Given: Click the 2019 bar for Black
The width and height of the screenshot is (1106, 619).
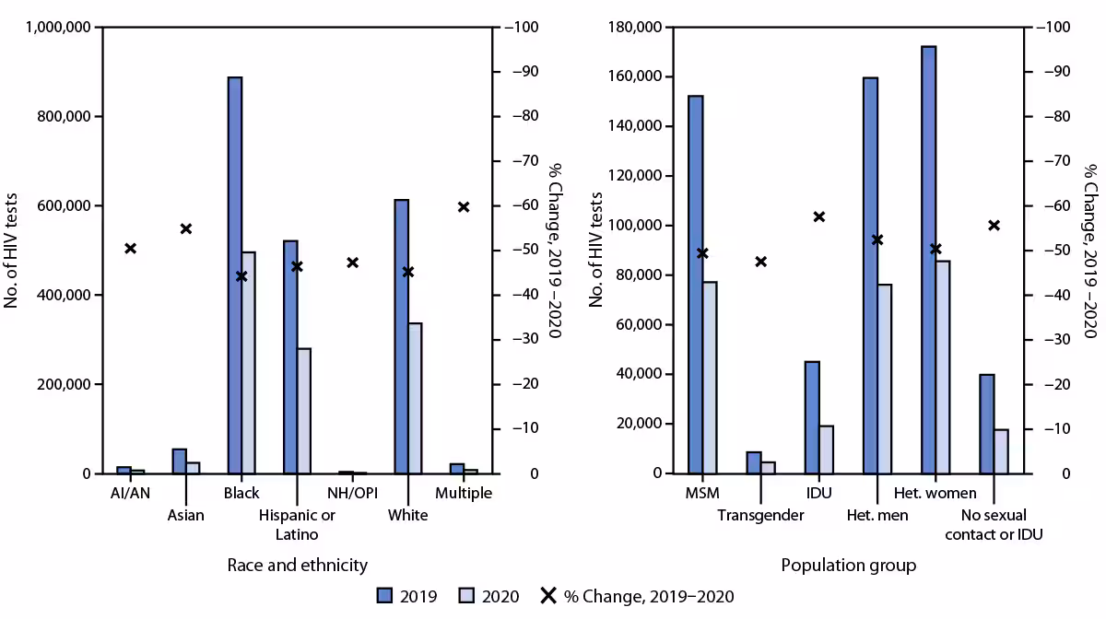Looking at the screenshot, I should click(x=235, y=276).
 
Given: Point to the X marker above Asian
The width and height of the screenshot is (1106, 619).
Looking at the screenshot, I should click(x=186, y=228).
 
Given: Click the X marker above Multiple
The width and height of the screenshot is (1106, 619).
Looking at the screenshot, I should click(x=464, y=206).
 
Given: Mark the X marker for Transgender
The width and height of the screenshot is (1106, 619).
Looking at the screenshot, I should click(x=760, y=262).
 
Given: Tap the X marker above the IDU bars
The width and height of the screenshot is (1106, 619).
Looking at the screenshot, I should click(x=818, y=216).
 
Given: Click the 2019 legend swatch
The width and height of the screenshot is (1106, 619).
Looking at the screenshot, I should click(x=385, y=596).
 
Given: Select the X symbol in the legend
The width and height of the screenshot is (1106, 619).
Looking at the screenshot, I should click(x=547, y=596).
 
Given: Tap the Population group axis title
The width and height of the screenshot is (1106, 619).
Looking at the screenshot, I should click(x=848, y=565).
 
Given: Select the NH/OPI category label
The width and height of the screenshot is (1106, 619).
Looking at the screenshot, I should click(x=353, y=494).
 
